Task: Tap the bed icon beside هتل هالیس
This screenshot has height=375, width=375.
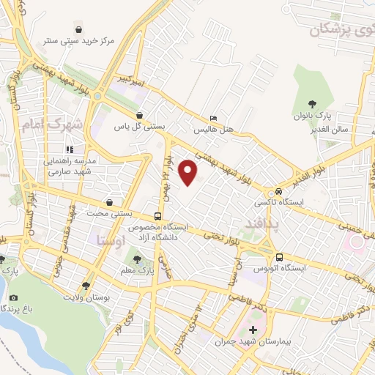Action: point(213,118)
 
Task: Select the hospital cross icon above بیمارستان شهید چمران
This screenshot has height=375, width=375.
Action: point(253,330)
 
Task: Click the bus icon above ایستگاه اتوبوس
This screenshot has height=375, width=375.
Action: point(280,257)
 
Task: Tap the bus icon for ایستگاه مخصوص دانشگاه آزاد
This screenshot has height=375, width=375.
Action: point(158,216)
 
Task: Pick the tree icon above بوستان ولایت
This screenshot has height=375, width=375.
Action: point(86,286)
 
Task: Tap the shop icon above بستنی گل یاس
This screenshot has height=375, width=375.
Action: point(139,115)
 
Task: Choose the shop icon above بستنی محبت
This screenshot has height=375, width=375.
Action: point(109,202)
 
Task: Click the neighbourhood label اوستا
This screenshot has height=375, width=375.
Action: point(110,240)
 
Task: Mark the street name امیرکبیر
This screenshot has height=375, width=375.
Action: point(138,82)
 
